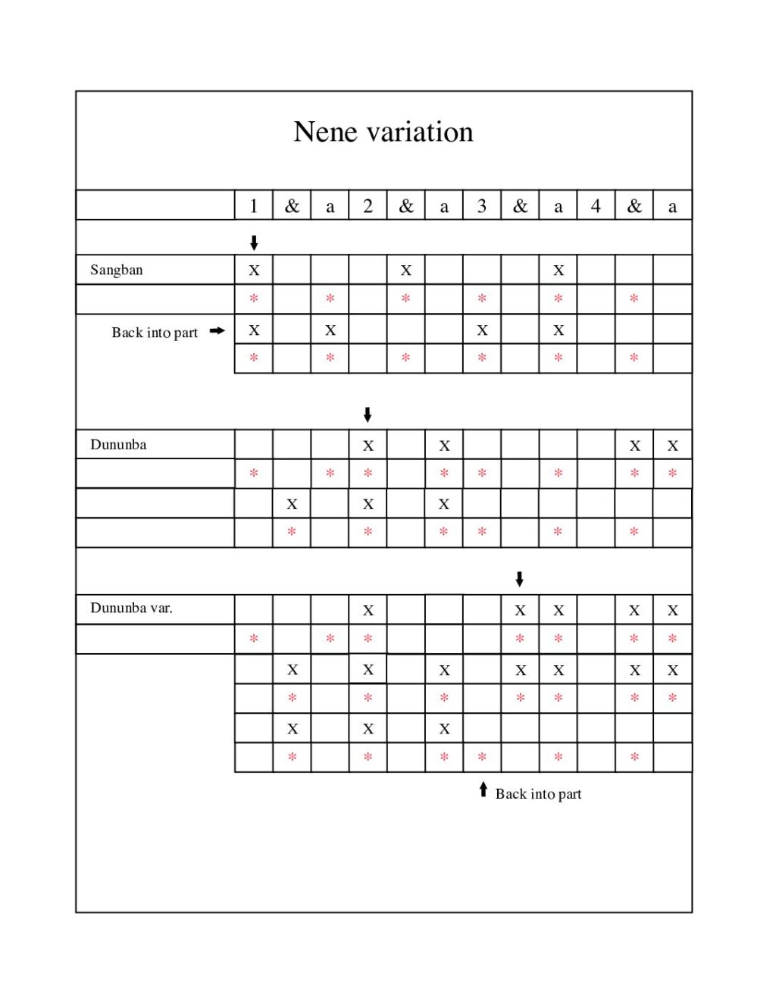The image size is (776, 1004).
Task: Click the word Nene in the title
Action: (x=325, y=132)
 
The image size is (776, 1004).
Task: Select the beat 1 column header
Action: (x=254, y=205)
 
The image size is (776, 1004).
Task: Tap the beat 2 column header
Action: (x=368, y=205)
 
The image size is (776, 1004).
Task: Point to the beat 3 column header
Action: (x=482, y=205)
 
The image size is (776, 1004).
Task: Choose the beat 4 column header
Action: (x=596, y=205)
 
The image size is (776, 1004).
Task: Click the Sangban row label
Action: (x=116, y=270)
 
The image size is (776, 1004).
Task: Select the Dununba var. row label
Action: (x=131, y=608)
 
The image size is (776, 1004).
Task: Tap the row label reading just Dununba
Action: (x=118, y=444)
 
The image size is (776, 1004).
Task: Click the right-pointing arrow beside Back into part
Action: (x=217, y=330)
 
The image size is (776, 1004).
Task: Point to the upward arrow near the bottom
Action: (x=483, y=790)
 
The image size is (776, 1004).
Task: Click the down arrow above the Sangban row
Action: (x=254, y=242)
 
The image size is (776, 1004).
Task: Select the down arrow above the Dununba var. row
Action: (x=519, y=579)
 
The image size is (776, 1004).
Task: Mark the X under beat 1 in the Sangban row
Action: (x=254, y=270)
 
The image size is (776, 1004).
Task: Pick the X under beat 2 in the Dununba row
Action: (x=368, y=446)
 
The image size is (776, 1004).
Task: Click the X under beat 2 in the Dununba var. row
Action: (x=368, y=610)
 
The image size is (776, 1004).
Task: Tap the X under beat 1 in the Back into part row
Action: (x=254, y=330)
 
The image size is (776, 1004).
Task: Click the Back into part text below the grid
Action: (x=538, y=794)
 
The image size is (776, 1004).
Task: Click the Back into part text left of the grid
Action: (x=155, y=333)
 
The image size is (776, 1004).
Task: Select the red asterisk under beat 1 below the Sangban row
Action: (x=254, y=299)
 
